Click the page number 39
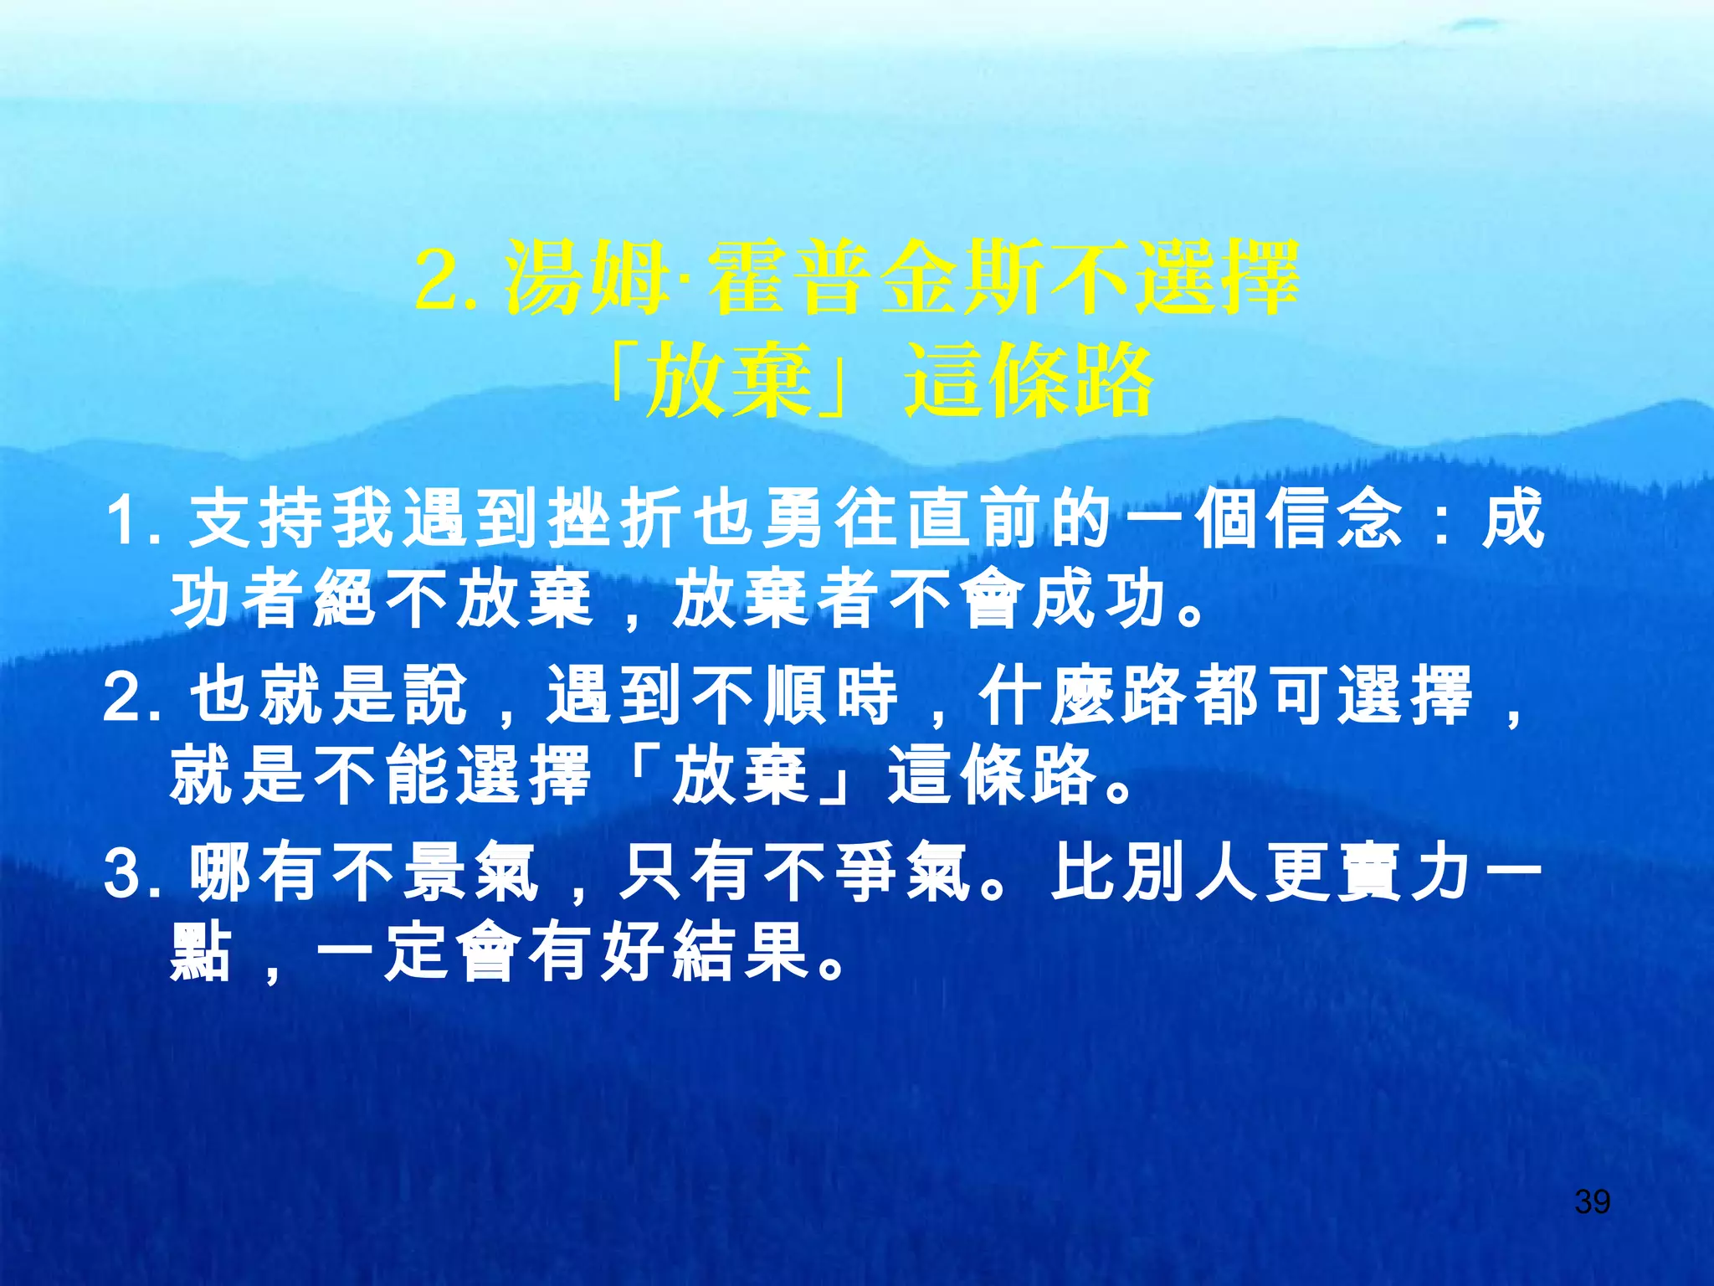tap(1592, 1201)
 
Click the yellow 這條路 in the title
tap(1029, 382)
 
